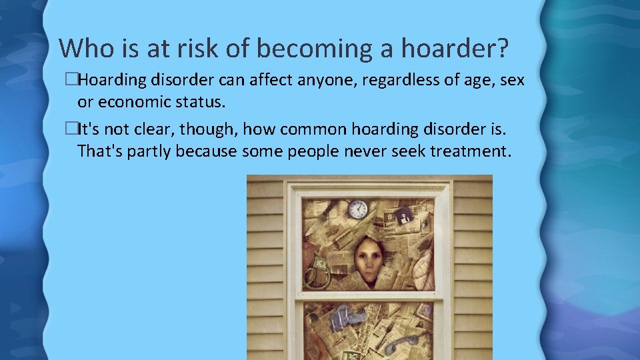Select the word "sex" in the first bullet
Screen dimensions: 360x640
coord(511,81)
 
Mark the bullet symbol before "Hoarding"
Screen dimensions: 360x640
coord(73,81)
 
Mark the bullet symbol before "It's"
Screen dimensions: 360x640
coord(73,129)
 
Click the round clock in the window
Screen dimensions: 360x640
coord(358,209)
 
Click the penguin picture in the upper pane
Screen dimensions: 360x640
coord(404,216)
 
